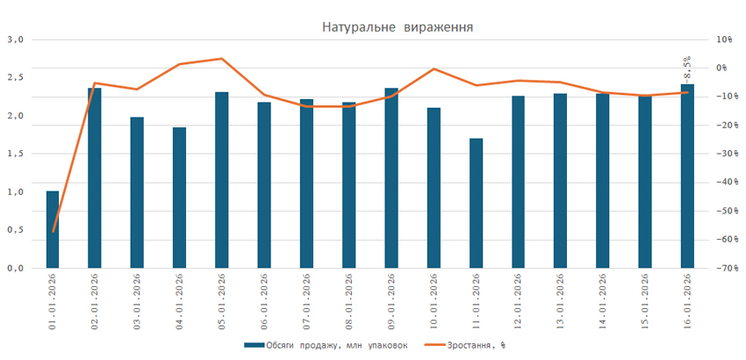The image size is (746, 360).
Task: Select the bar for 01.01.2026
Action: (x=53, y=229)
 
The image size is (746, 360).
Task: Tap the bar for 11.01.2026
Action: (x=476, y=203)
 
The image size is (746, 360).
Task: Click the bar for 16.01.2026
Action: (x=687, y=176)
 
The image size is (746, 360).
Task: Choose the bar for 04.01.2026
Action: (x=180, y=198)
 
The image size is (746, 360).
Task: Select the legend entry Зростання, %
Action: (x=473, y=345)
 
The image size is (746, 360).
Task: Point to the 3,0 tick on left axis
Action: (x=15, y=40)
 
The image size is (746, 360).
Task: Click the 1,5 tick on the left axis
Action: (x=15, y=154)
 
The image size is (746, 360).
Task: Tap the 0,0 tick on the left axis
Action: (x=15, y=269)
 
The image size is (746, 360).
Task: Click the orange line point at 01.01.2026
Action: (x=53, y=232)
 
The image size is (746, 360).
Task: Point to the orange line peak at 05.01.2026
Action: (x=222, y=59)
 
